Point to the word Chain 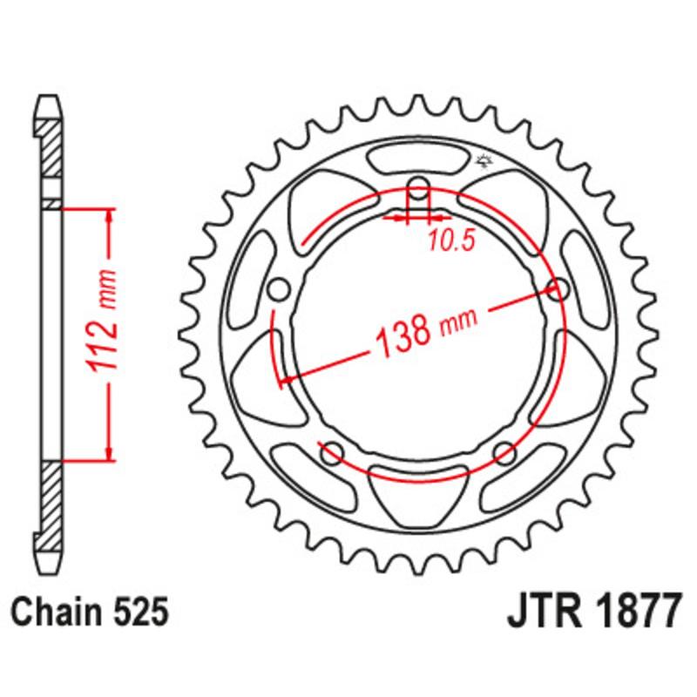tap(64, 613)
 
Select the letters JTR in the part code tap(538, 612)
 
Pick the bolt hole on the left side tap(279, 289)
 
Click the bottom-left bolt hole tap(330, 451)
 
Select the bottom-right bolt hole tap(504, 451)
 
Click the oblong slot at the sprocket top tap(418, 160)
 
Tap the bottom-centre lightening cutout tap(418, 492)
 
